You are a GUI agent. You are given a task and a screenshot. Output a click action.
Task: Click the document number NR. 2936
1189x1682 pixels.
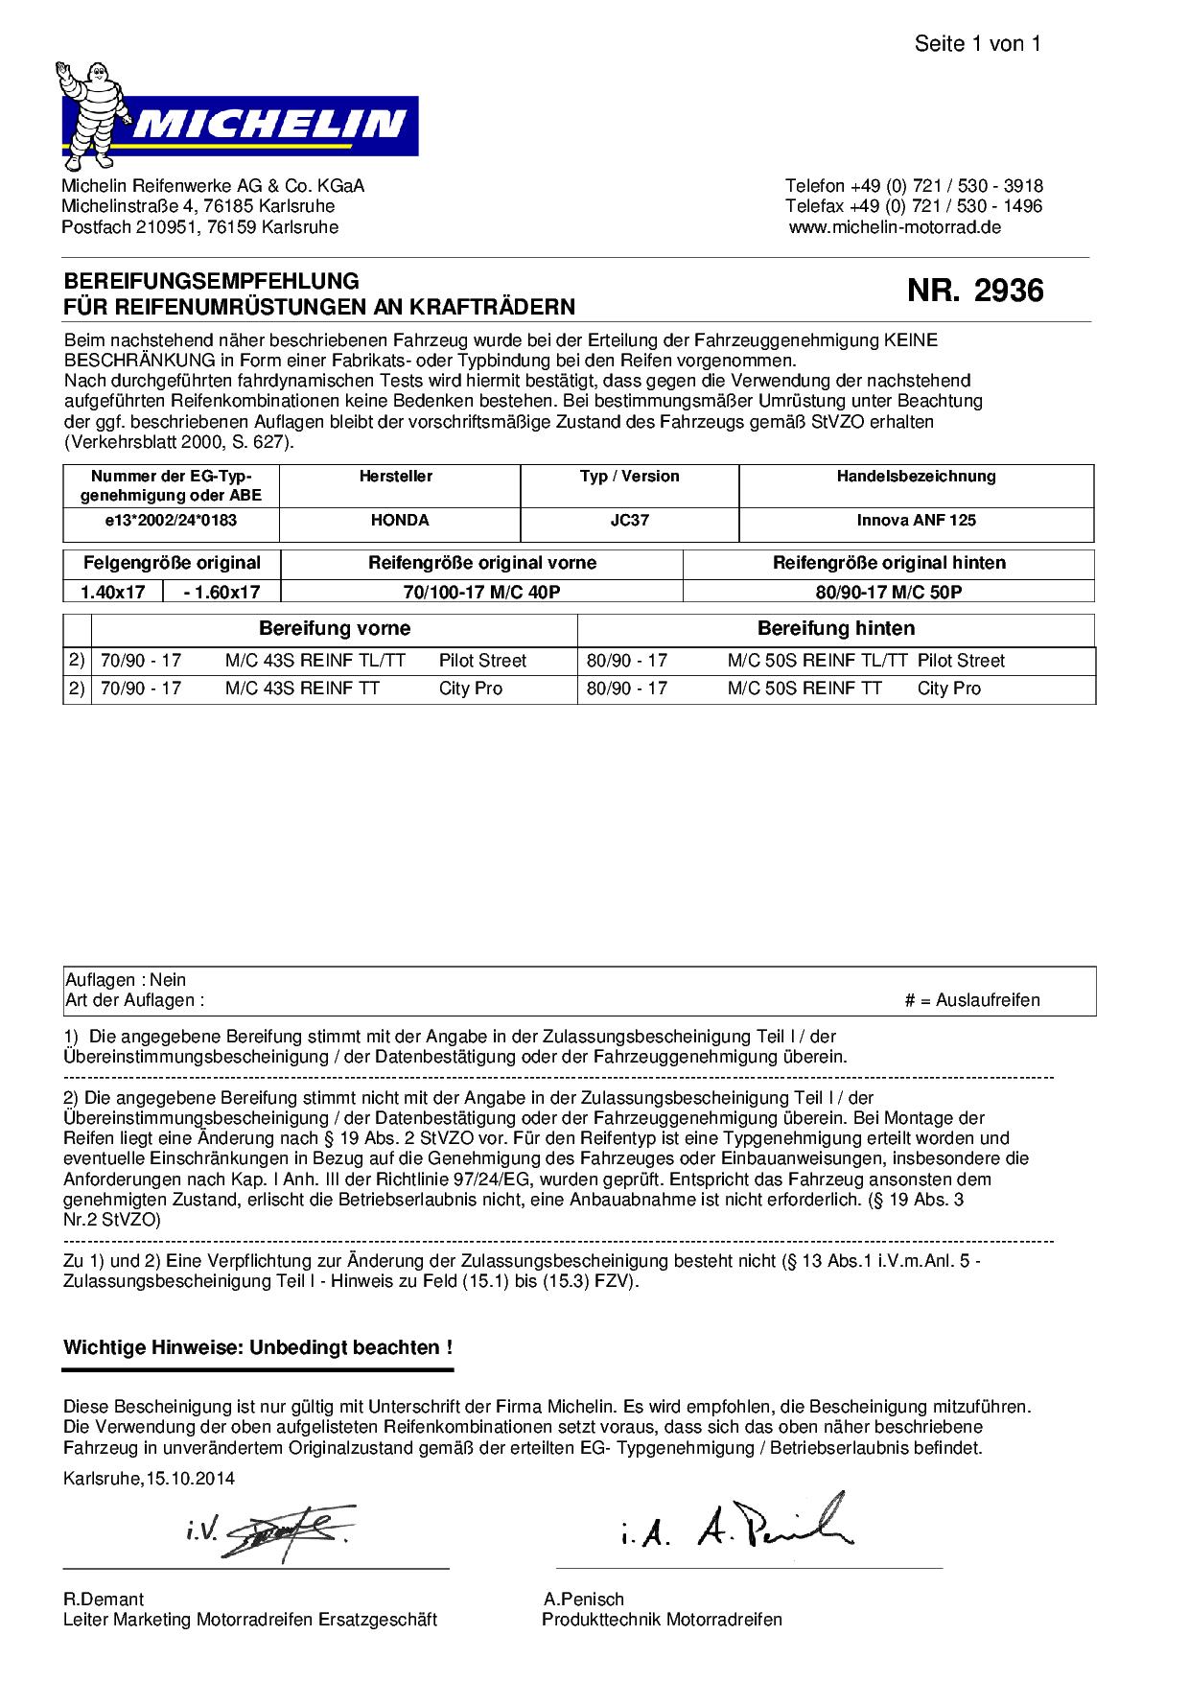tap(975, 291)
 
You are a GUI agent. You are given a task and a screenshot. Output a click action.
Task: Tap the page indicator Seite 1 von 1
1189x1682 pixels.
tap(977, 43)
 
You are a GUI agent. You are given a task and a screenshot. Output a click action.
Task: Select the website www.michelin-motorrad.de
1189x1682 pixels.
tap(895, 227)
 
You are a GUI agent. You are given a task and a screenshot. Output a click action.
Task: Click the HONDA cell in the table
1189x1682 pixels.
tap(400, 520)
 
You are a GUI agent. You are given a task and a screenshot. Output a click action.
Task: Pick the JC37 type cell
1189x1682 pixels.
tap(629, 520)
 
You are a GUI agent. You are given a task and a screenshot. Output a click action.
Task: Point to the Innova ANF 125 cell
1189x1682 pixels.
tap(916, 520)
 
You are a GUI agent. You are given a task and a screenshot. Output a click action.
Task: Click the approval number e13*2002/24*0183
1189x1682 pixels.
tap(171, 520)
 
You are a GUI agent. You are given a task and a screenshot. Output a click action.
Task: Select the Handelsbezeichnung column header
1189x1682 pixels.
tap(916, 476)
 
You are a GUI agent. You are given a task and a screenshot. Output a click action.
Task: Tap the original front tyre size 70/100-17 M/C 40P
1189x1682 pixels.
tap(481, 592)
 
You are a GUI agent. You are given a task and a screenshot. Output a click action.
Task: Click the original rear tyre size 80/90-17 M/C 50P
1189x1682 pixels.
tap(889, 592)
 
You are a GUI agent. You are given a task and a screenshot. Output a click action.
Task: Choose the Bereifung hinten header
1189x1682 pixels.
tap(835, 628)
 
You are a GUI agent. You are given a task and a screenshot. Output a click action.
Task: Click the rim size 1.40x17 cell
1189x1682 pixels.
tap(113, 592)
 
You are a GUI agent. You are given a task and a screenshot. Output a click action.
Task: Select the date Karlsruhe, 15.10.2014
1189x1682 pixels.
tap(149, 1478)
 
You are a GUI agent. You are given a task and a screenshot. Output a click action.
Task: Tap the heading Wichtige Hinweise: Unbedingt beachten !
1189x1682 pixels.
tap(258, 1347)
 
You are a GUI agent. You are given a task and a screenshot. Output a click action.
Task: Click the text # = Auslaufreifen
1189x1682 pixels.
tap(971, 1000)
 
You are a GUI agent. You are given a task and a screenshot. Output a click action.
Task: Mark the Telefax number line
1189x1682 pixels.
tap(914, 206)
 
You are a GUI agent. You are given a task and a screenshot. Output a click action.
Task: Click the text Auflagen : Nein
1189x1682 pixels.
tap(126, 980)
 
